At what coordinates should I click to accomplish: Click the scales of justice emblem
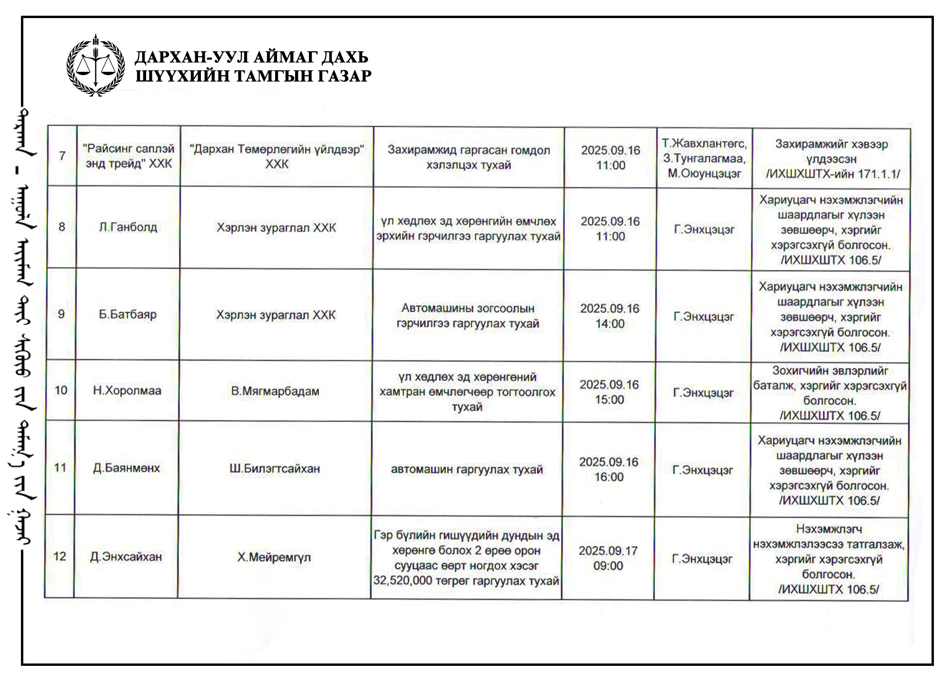[x=96, y=66]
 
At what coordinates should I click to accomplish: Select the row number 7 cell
[x=62, y=156]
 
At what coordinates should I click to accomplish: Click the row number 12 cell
[x=60, y=556]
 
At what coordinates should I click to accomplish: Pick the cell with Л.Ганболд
[x=128, y=227]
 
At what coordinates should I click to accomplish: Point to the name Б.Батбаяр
[x=128, y=314]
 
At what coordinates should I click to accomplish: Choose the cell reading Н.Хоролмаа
[x=127, y=391]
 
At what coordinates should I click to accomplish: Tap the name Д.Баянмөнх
[x=127, y=468]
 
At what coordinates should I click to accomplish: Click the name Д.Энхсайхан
[x=126, y=556]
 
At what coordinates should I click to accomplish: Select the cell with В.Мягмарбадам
[x=275, y=391]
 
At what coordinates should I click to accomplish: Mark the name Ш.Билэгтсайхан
[x=275, y=469]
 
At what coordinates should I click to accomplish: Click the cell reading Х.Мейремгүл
[x=274, y=557]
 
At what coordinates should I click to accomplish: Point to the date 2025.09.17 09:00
[x=608, y=558]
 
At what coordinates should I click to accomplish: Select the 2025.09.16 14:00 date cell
[x=610, y=316]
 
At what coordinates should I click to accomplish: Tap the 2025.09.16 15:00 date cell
[x=609, y=392]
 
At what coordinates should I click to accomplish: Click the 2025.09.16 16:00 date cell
[x=609, y=469]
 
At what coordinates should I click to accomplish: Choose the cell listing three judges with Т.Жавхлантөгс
[x=704, y=158]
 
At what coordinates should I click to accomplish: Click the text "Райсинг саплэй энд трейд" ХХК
[x=129, y=156]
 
